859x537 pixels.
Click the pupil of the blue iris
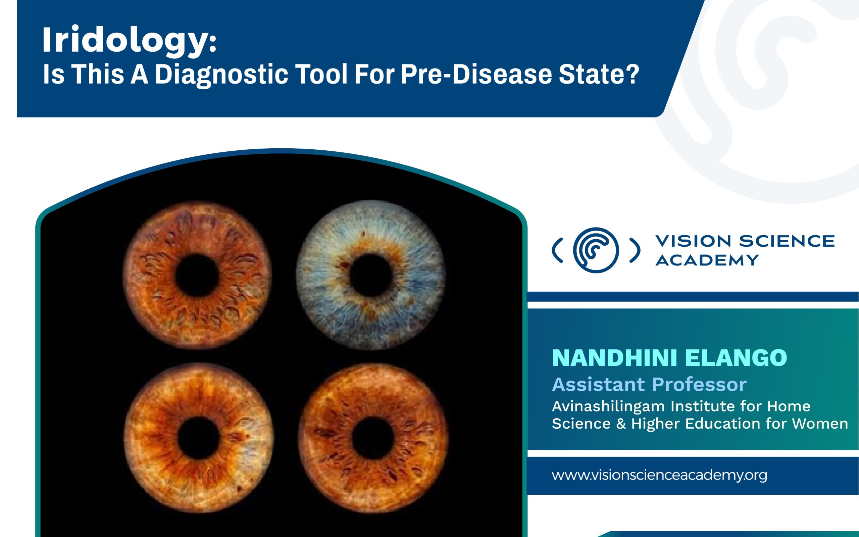coord(370,275)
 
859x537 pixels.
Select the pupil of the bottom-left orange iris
coord(198,438)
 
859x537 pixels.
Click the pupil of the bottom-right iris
coord(373,438)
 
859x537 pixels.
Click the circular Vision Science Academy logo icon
coord(596,250)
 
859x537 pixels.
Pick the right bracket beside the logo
coord(635,250)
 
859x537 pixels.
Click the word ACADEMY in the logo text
coord(707,260)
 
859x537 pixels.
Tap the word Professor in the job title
coord(699,384)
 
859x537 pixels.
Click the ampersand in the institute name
coord(621,424)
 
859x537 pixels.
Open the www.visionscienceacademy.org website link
coord(659,475)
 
